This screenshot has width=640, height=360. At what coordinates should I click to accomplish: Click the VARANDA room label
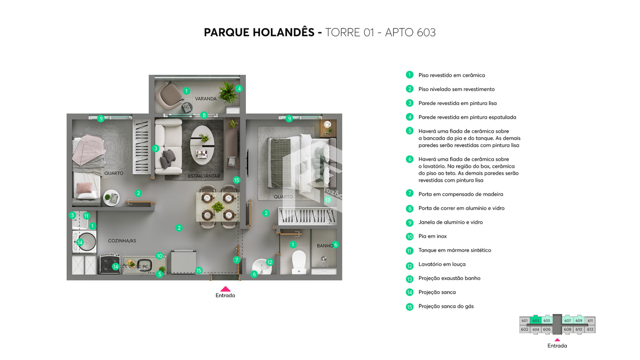pyautogui.click(x=206, y=99)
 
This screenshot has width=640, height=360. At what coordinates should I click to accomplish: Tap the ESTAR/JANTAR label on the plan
pyautogui.click(x=204, y=176)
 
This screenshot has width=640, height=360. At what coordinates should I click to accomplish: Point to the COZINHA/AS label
pyautogui.click(x=122, y=241)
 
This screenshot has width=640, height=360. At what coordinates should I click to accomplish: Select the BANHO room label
pyautogui.click(x=325, y=246)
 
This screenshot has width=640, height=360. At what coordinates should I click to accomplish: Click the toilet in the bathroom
pyautogui.click(x=299, y=262)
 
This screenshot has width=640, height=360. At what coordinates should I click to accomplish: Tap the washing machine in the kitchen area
pyautogui.click(x=85, y=242)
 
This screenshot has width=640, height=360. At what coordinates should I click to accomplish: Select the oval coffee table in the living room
pyautogui.click(x=202, y=145)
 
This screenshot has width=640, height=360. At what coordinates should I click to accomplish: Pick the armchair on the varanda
pyautogui.click(x=170, y=95)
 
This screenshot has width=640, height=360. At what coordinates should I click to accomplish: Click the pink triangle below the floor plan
pyautogui.click(x=225, y=289)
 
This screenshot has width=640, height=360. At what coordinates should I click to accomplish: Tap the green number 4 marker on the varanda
pyautogui.click(x=239, y=89)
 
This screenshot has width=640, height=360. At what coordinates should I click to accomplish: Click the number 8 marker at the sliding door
pyautogui.click(x=204, y=115)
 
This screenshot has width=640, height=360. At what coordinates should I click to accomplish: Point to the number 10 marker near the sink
pyautogui.click(x=159, y=256)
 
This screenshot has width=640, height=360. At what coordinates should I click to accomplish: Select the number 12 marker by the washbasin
pyautogui.click(x=270, y=262)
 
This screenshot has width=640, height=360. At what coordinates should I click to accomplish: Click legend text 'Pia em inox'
pyautogui.click(x=432, y=236)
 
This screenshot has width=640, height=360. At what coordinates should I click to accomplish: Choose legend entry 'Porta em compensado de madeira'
pyautogui.click(x=461, y=194)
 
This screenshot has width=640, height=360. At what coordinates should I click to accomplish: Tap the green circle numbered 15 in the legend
pyautogui.click(x=410, y=307)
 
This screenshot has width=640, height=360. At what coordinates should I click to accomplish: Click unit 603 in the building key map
pyautogui.click(x=536, y=320)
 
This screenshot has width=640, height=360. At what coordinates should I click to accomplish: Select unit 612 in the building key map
pyautogui.click(x=590, y=329)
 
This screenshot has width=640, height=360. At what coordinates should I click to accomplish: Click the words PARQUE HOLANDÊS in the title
pyautogui.click(x=259, y=32)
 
